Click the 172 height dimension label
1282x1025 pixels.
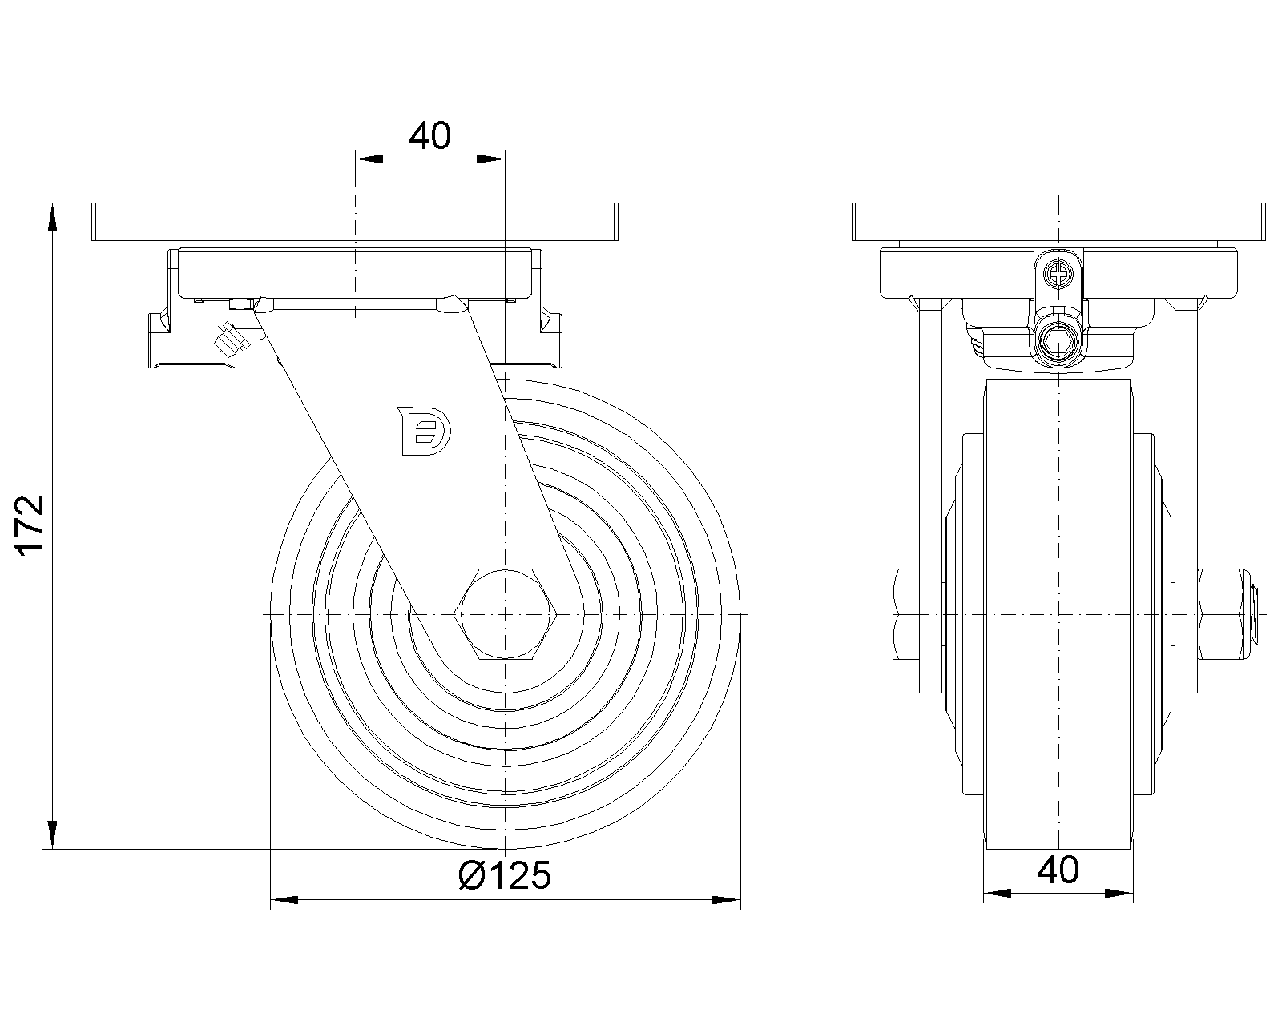(x=30, y=526)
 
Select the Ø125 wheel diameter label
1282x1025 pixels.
(x=505, y=875)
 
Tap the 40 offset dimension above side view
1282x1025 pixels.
(x=430, y=137)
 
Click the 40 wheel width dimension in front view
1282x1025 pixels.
(x=1058, y=870)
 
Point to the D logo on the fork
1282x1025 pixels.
(x=424, y=432)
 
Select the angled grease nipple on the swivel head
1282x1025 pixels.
(x=230, y=341)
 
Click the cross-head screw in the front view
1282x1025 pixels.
(x=1059, y=276)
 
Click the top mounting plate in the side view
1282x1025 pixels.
(x=355, y=223)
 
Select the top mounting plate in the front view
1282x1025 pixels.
(x=1059, y=223)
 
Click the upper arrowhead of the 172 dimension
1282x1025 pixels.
(x=53, y=217)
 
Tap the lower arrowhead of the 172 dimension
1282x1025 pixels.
(x=53, y=835)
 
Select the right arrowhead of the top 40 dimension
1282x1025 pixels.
(x=492, y=160)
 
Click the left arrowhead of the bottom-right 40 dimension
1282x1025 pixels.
(x=996, y=892)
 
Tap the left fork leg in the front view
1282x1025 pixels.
(x=929, y=496)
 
